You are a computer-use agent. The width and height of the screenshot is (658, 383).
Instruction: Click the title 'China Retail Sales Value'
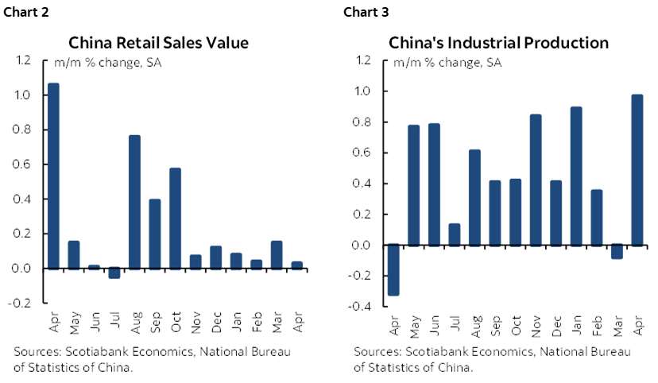click(158, 42)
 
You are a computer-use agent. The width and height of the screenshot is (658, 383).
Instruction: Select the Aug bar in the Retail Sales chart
click(135, 202)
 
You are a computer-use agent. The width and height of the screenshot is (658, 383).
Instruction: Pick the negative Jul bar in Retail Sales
click(114, 273)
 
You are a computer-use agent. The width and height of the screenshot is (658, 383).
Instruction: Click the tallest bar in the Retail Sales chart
click(53, 176)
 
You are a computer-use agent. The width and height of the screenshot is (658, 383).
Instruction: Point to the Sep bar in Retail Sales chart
click(156, 234)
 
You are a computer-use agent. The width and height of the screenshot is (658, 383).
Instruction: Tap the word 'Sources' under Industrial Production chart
click(375, 352)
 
